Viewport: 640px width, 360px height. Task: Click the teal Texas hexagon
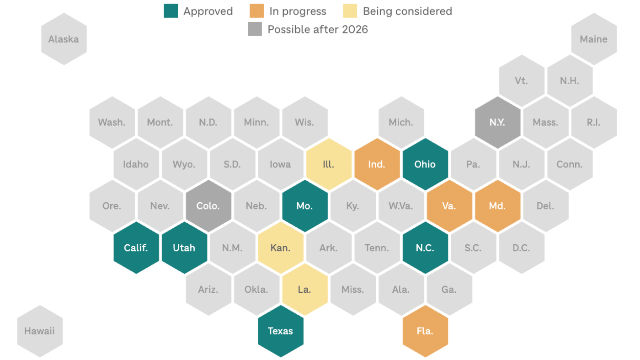[x=280, y=331]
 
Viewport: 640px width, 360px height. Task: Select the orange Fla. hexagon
[x=425, y=331]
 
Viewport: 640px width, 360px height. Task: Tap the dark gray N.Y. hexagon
[x=497, y=123]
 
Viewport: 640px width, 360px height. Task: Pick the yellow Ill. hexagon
[x=328, y=164]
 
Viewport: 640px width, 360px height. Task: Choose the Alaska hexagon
[x=64, y=39]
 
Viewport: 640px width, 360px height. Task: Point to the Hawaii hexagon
[x=40, y=331]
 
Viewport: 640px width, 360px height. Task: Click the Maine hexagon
[x=593, y=39]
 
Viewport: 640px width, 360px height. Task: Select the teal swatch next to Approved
[x=171, y=11]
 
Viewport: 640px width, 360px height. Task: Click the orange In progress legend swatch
[x=256, y=11]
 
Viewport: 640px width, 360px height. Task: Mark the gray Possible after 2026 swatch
[x=255, y=29]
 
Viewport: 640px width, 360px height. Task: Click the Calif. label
[x=136, y=248]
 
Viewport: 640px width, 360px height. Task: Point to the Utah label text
[x=184, y=248]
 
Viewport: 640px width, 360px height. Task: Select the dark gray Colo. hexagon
[x=208, y=206]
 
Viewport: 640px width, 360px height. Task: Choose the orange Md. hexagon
[x=497, y=206]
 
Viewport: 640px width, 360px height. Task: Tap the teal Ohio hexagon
[x=425, y=164]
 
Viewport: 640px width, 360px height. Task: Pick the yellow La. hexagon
[x=304, y=290]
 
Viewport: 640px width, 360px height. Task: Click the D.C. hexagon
[x=521, y=248]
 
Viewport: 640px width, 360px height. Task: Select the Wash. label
[x=112, y=123]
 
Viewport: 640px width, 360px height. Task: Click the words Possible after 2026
[x=318, y=29]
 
